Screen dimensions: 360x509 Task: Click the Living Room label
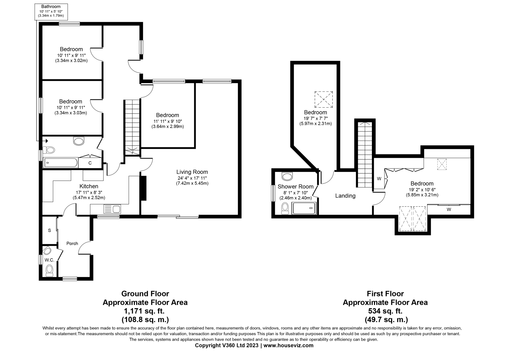click(192, 172)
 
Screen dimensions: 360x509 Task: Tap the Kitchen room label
click(89, 186)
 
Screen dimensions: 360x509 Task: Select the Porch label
click(72, 244)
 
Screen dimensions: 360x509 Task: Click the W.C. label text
click(49, 260)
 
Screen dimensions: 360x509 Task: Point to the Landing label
click(345, 196)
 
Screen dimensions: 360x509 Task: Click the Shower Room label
click(296, 187)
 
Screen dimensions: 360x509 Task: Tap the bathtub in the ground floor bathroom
click(60, 163)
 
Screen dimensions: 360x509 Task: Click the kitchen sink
click(112, 209)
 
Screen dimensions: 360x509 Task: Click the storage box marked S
click(49, 230)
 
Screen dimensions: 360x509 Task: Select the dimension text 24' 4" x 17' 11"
click(192, 178)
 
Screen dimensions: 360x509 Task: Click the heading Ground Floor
click(145, 293)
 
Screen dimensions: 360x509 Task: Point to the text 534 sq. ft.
click(385, 311)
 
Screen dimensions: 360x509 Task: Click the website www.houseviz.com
click(288, 345)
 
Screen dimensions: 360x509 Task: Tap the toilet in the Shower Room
click(285, 208)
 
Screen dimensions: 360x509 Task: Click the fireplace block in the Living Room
click(143, 188)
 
